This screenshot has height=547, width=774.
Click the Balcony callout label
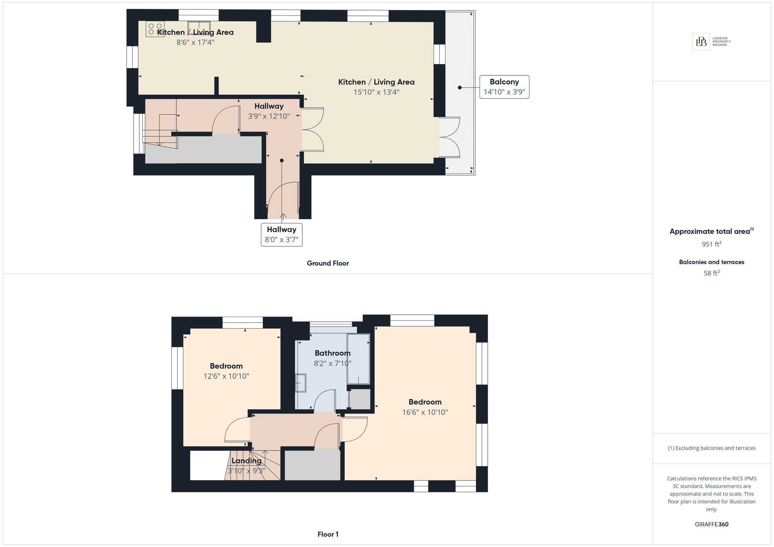(504, 87)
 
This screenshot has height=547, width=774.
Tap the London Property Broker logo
(711, 42)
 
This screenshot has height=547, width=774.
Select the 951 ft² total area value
(712, 244)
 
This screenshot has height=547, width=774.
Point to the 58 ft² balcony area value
(712, 273)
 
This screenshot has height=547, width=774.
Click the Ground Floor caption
(328, 263)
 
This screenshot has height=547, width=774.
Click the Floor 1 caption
(328, 534)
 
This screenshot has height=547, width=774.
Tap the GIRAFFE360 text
(712, 524)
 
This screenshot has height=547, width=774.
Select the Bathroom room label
(332, 353)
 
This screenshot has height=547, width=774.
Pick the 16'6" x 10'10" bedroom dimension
(425, 412)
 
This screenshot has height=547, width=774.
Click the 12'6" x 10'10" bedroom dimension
(226, 376)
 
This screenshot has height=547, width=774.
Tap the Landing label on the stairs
(247, 461)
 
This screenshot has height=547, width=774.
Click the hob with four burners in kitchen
(155, 29)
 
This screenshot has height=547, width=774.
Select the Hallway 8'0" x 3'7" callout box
(282, 235)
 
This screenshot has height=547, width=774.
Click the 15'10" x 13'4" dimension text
(376, 92)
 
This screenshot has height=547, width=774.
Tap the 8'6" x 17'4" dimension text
(195, 42)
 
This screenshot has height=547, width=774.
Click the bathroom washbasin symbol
(301, 383)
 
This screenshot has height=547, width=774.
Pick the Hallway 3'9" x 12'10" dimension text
(269, 116)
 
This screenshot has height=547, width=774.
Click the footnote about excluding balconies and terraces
(712, 448)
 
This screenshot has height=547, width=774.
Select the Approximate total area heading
(712, 231)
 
